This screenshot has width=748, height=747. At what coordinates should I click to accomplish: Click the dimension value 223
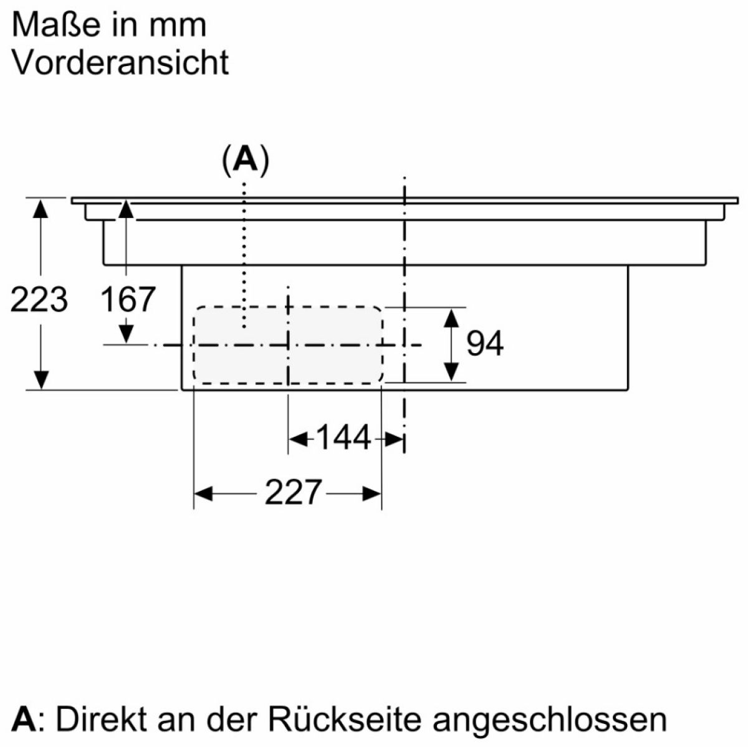39,300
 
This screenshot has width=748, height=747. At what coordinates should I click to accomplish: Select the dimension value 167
128,299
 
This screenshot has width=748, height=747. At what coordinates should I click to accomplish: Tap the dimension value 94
485,343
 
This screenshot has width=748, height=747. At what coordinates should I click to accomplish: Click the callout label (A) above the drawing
246,160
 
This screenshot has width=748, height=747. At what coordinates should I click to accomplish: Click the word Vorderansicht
121,62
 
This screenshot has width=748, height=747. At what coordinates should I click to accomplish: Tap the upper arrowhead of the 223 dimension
41,209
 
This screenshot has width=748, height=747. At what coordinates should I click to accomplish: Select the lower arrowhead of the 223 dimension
41,380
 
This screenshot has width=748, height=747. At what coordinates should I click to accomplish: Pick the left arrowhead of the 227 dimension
203,493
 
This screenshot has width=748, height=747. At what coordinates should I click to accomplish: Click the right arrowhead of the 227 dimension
372,493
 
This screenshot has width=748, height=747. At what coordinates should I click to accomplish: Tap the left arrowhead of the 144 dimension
297,439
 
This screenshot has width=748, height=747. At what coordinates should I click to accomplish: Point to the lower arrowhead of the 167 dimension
126,334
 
